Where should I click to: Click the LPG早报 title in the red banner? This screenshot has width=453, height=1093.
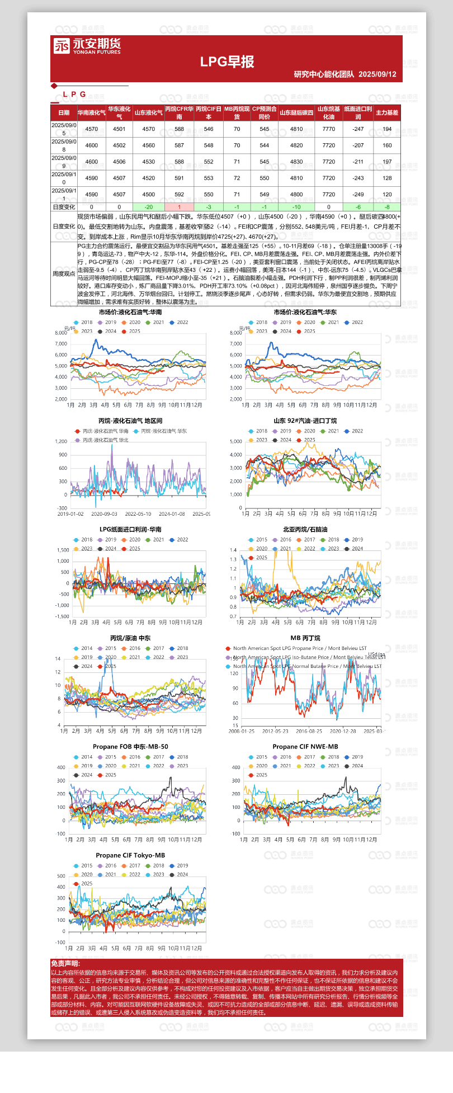pos(227,62)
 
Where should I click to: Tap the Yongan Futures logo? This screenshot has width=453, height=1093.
pos(87,46)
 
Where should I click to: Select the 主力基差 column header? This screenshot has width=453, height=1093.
pos(387,112)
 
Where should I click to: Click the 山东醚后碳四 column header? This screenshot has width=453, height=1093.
pos(296,112)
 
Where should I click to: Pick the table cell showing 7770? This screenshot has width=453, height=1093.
pos(329,129)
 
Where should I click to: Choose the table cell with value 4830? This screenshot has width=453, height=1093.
pos(296,162)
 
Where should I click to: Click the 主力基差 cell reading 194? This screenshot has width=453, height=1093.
pos(387,129)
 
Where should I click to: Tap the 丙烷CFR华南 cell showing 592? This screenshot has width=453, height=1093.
pos(179,195)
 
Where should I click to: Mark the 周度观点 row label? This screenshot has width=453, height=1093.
pos(64,274)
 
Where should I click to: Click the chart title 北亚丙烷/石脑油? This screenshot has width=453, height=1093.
pos(305,530)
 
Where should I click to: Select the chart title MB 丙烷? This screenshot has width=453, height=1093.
pos(305,638)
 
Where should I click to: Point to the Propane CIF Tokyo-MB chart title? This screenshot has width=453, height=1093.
pos(130,855)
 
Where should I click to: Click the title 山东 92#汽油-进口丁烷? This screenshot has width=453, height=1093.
pos(305,421)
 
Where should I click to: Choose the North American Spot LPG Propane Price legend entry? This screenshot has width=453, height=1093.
pos(300,649)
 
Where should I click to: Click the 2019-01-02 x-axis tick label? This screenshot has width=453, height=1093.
pos(70,514)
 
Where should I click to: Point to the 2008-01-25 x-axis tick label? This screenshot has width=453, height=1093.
pos(242,731)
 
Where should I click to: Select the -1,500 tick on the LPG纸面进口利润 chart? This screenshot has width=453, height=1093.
pos(63,616)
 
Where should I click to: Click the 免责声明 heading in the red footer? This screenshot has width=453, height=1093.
pos(65,963)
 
